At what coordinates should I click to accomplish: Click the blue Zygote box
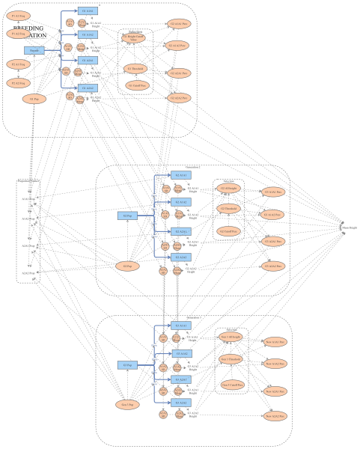tap(34, 51)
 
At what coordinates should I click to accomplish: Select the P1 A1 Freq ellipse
tap(19, 15)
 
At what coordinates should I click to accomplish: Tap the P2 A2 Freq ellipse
tap(19, 83)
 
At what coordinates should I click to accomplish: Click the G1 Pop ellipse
tap(34, 99)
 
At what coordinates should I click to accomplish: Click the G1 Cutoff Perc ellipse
tap(137, 85)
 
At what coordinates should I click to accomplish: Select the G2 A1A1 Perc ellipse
tap(178, 25)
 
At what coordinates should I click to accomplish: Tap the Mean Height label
tap(350, 226)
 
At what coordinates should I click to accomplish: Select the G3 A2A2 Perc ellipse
tap(273, 266)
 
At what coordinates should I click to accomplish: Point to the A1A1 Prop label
tap(28, 199)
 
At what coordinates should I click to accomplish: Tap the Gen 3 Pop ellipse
tap(128, 404)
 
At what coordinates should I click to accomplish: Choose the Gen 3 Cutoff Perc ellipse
tap(231, 385)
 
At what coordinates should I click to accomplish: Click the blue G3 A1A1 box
tap(181, 326)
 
